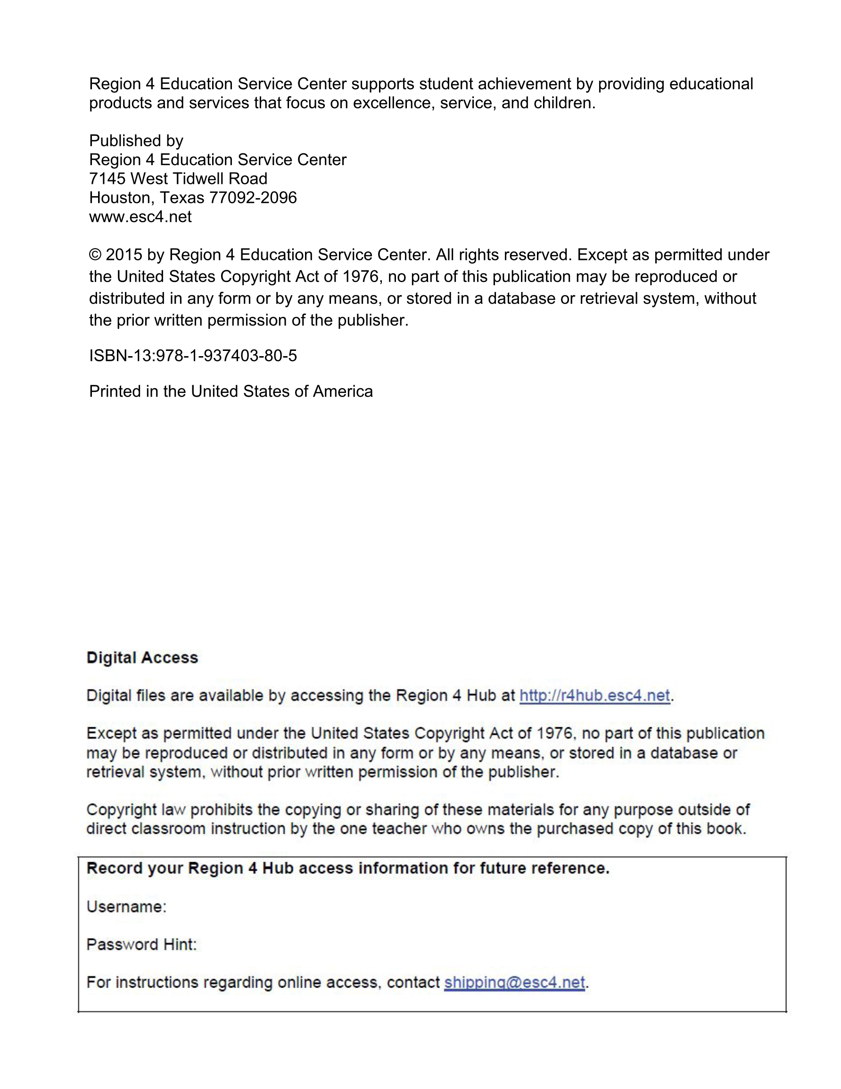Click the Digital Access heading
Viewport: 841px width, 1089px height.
click(142, 657)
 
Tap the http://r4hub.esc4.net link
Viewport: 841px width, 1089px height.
click(594, 696)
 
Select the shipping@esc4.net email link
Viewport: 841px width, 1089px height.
click(514, 982)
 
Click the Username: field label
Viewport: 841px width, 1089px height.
click(126, 906)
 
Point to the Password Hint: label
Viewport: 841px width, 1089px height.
click(141, 944)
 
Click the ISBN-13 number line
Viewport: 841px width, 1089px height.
click(193, 356)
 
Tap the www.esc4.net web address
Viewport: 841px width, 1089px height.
click(140, 217)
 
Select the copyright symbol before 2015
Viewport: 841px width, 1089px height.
click(95, 255)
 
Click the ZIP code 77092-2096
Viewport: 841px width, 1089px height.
click(253, 198)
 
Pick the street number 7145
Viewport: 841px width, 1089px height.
click(107, 178)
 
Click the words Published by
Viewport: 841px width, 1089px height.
click(136, 141)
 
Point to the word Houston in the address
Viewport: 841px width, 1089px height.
click(122, 198)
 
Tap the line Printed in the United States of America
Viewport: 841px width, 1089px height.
click(231, 391)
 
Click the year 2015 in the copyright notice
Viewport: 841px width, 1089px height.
click(124, 255)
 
